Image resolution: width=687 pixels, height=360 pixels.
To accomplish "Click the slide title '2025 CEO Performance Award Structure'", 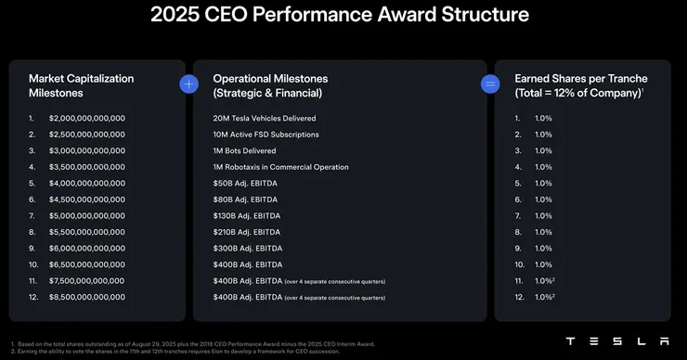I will [343, 16].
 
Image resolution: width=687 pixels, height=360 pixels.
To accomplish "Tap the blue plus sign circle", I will [189, 84].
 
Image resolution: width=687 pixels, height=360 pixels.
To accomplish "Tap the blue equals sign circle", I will [490, 84].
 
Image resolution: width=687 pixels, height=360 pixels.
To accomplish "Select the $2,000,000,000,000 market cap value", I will [88, 119].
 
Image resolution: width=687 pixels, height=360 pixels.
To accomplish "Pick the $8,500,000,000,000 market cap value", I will [88, 297].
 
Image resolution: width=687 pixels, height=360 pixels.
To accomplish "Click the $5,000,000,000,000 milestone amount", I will [88, 216].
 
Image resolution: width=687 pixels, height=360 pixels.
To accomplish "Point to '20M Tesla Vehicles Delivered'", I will [265, 119].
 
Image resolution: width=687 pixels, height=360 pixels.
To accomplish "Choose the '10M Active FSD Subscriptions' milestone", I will [266, 135].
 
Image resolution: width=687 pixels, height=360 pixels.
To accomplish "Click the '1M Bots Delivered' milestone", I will [246, 151].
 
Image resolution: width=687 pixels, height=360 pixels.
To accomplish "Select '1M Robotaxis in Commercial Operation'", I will [280, 167].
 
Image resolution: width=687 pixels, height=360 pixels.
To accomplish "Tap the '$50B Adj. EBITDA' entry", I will [246, 184].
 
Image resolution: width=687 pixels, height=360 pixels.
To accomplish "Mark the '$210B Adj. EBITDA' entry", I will [248, 232].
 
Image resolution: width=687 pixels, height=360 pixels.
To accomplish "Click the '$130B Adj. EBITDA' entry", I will [248, 216].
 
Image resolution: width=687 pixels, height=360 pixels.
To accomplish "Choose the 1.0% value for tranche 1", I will [543, 119].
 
